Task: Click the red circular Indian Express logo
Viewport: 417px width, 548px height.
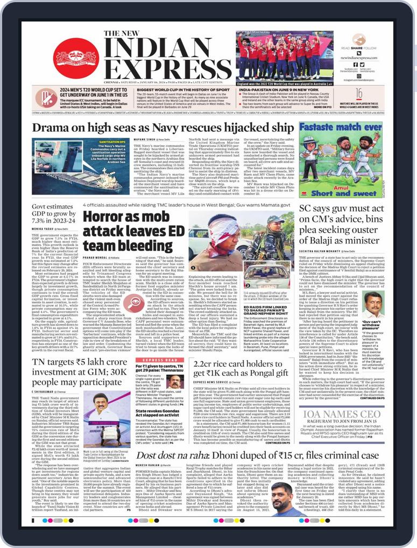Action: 75,59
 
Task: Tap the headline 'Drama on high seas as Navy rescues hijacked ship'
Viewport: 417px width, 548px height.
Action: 162,128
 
